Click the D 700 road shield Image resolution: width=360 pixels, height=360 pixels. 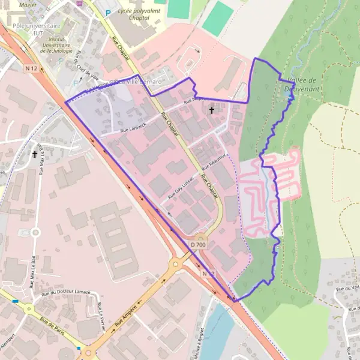pyautogui.click(x=199, y=245)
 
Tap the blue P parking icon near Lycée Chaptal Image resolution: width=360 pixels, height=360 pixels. pyautogui.click(x=108, y=13)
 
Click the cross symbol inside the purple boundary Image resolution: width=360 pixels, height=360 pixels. pyautogui.click(x=211, y=110)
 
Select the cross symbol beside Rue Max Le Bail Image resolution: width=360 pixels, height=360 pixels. pyautogui.click(x=35, y=154)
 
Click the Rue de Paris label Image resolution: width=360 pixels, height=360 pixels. pyautogui.click(x=52, y=328)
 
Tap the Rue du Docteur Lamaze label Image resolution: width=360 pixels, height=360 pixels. pyautogui.click(x=66, y=293)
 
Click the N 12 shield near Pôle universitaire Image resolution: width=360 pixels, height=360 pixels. pyautogui.click(x=32, y=68)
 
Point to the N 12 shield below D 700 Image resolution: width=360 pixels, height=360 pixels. pyautogui.click(x=208, y=273)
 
